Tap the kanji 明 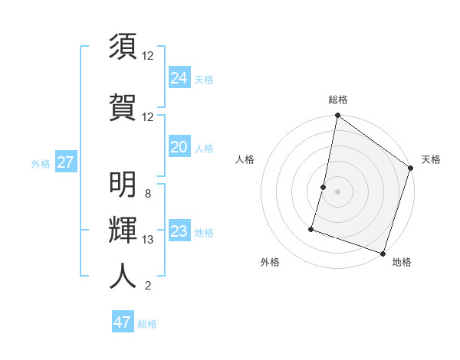123,185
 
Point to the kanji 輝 123,231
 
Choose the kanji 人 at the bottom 123,277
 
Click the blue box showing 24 179,77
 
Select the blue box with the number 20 179,147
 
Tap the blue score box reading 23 179,231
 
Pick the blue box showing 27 65,162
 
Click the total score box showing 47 123,322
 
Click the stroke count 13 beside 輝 148,240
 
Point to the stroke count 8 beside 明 148,194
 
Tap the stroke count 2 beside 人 148,286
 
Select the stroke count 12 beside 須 148,55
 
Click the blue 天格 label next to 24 204,79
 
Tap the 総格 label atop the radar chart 338,100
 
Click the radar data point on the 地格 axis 383,253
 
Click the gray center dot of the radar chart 337,191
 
